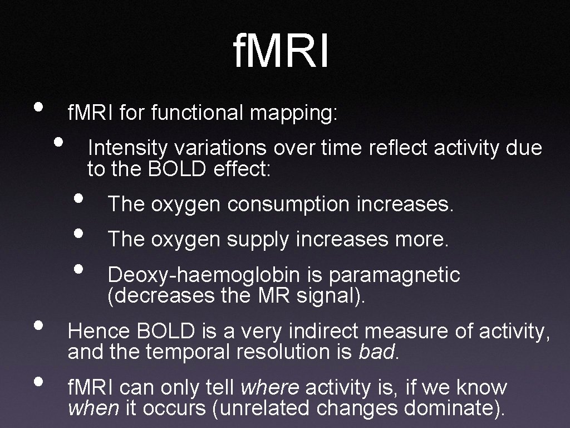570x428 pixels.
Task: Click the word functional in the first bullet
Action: (x=198, y=113)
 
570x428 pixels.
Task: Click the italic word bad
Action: (x=376, y=352)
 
